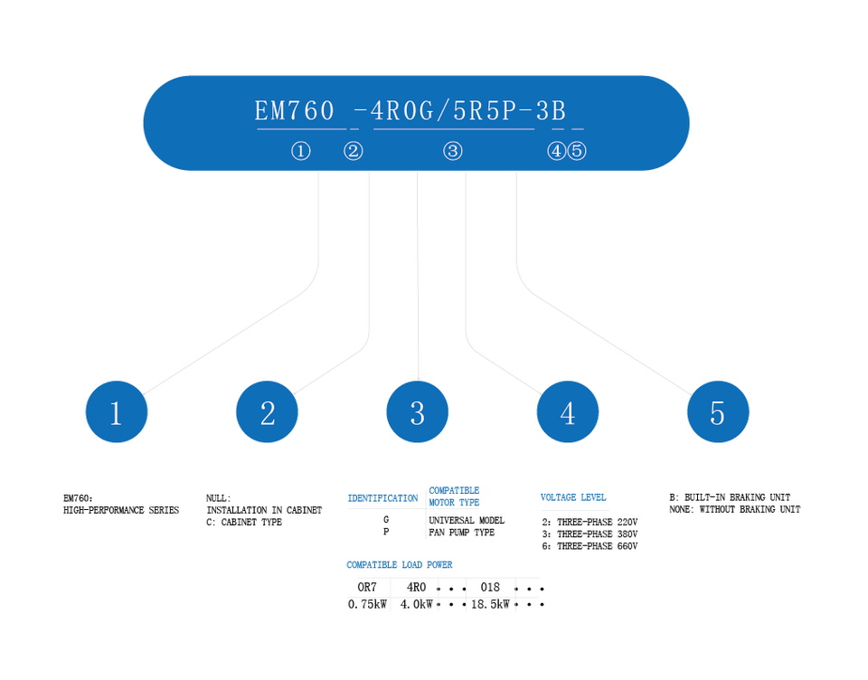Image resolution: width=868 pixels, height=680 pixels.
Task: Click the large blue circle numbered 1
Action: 117,411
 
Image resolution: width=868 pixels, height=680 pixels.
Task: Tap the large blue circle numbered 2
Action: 267,411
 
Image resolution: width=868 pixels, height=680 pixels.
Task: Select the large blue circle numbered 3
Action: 418,411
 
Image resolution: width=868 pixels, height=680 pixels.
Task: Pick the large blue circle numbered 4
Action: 568,411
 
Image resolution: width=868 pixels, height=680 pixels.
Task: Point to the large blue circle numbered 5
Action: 718,411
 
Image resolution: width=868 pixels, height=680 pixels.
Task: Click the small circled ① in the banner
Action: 301,151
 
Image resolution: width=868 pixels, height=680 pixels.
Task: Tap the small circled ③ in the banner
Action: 453,151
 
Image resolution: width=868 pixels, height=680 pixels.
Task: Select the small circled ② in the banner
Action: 354,151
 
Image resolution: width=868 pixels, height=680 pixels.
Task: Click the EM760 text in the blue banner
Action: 295,110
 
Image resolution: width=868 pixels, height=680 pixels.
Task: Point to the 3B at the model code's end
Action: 551,110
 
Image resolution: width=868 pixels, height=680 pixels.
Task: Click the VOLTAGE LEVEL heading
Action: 573,497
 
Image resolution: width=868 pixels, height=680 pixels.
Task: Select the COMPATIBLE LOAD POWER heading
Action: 400,565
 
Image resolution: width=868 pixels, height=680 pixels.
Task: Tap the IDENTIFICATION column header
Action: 382,498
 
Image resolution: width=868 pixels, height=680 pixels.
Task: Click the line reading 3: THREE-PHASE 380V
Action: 590,534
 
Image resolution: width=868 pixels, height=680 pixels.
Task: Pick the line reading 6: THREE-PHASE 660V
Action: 590,546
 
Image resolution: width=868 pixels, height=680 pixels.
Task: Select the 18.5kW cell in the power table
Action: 490,604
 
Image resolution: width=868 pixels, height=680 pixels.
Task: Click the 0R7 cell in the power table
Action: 367,587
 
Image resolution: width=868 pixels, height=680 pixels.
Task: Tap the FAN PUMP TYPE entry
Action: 462,532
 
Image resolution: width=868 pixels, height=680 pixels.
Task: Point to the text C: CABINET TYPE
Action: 244,522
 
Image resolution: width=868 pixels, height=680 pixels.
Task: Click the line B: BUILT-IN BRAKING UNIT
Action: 730,497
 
